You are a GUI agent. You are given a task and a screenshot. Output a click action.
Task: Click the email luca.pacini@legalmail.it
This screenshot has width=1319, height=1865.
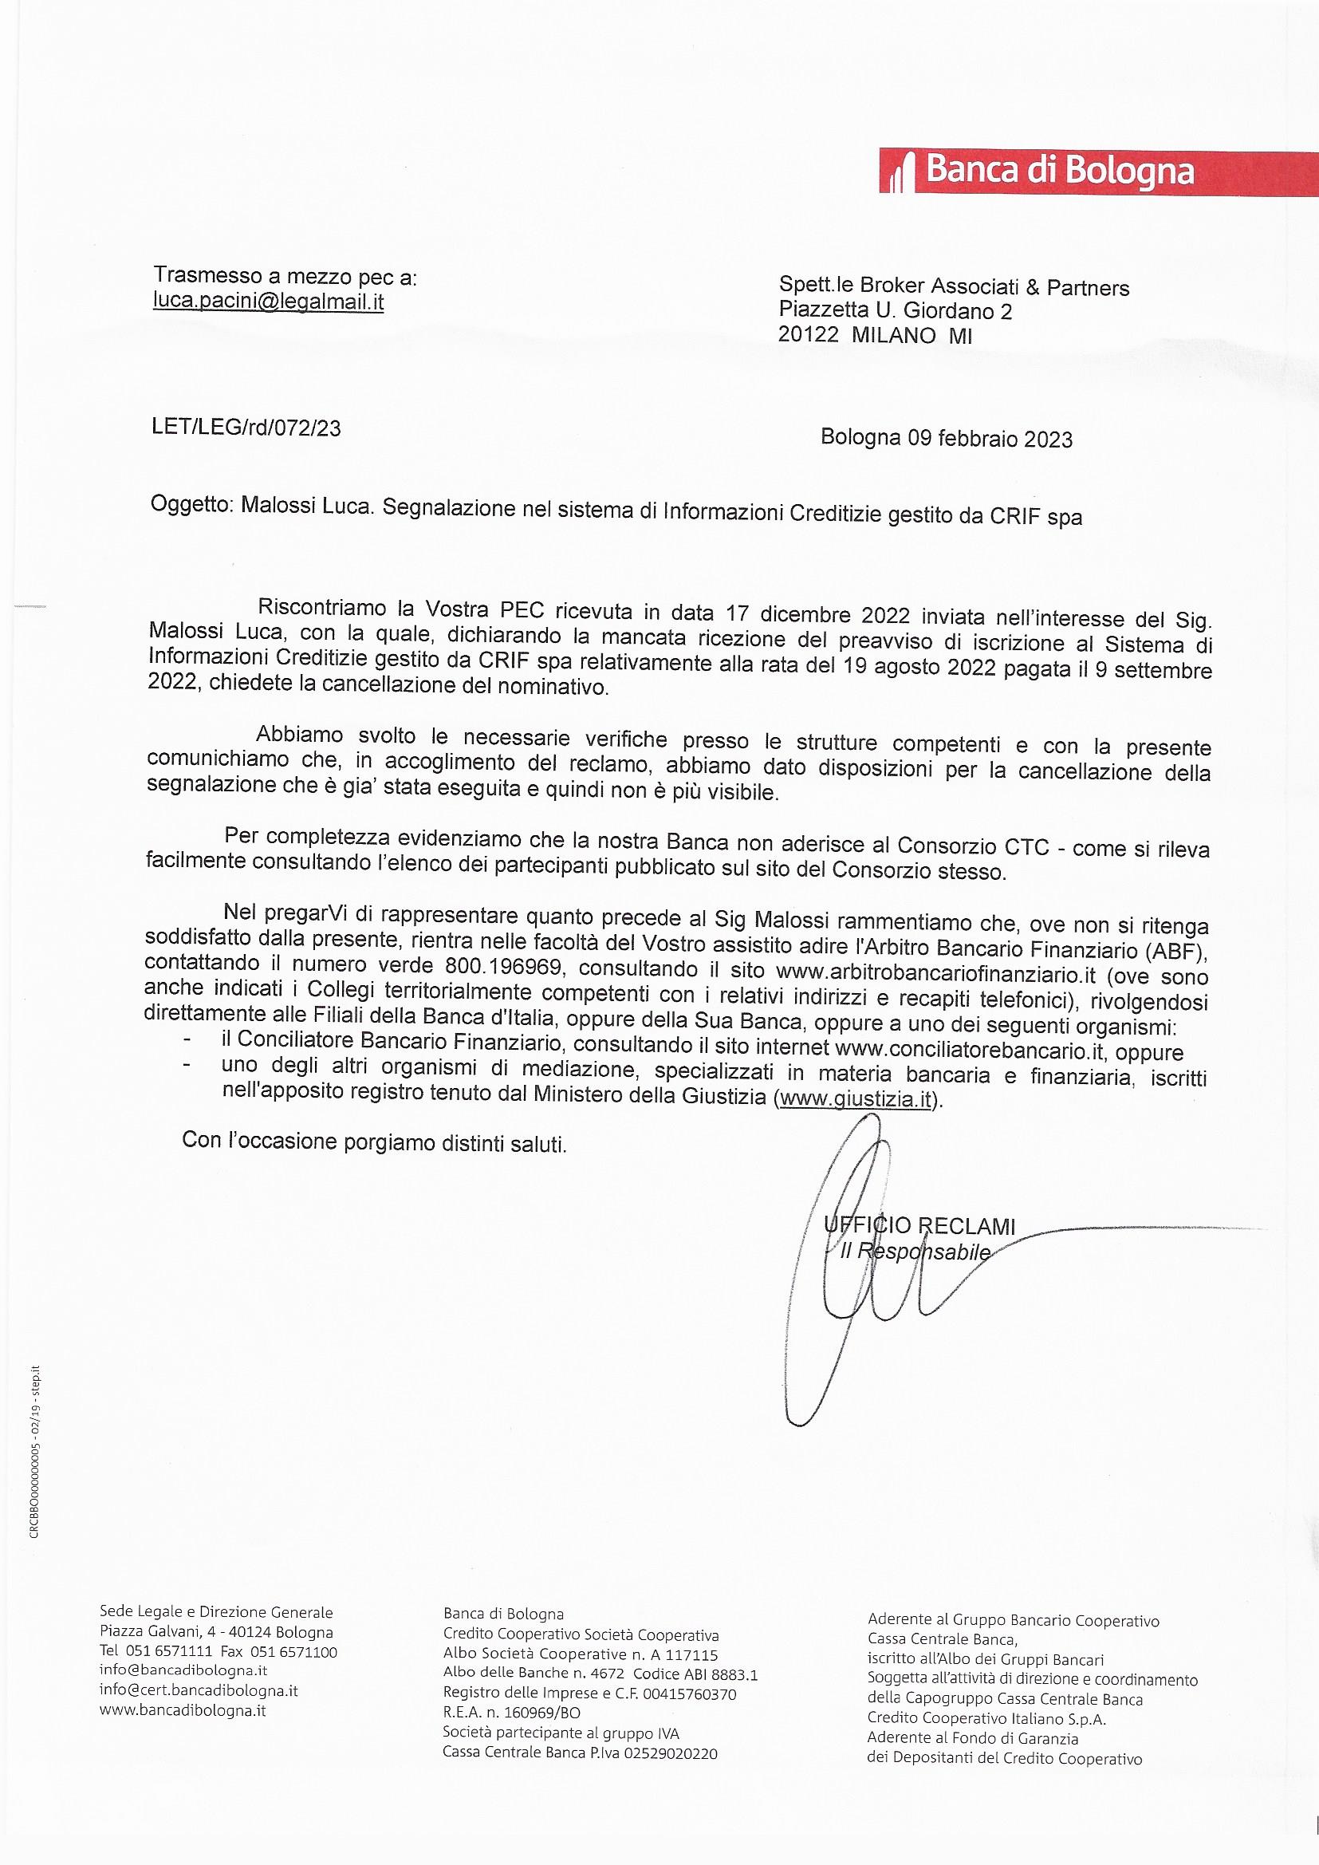pos(269,302)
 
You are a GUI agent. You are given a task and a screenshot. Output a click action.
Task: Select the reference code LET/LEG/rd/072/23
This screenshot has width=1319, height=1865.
pos(246,428)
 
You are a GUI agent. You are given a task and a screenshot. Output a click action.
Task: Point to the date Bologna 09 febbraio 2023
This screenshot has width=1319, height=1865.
pos(947,439)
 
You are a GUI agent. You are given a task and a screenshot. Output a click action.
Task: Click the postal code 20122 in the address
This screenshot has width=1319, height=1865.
pos(808,335)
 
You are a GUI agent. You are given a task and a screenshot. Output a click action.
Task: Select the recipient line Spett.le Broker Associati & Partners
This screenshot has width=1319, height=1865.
pos(954,287)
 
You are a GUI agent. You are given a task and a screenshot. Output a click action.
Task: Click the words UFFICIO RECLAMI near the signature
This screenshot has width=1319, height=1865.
pos(919,1227)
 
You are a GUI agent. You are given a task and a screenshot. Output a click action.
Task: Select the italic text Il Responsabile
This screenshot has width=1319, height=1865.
pos(915,1252)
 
